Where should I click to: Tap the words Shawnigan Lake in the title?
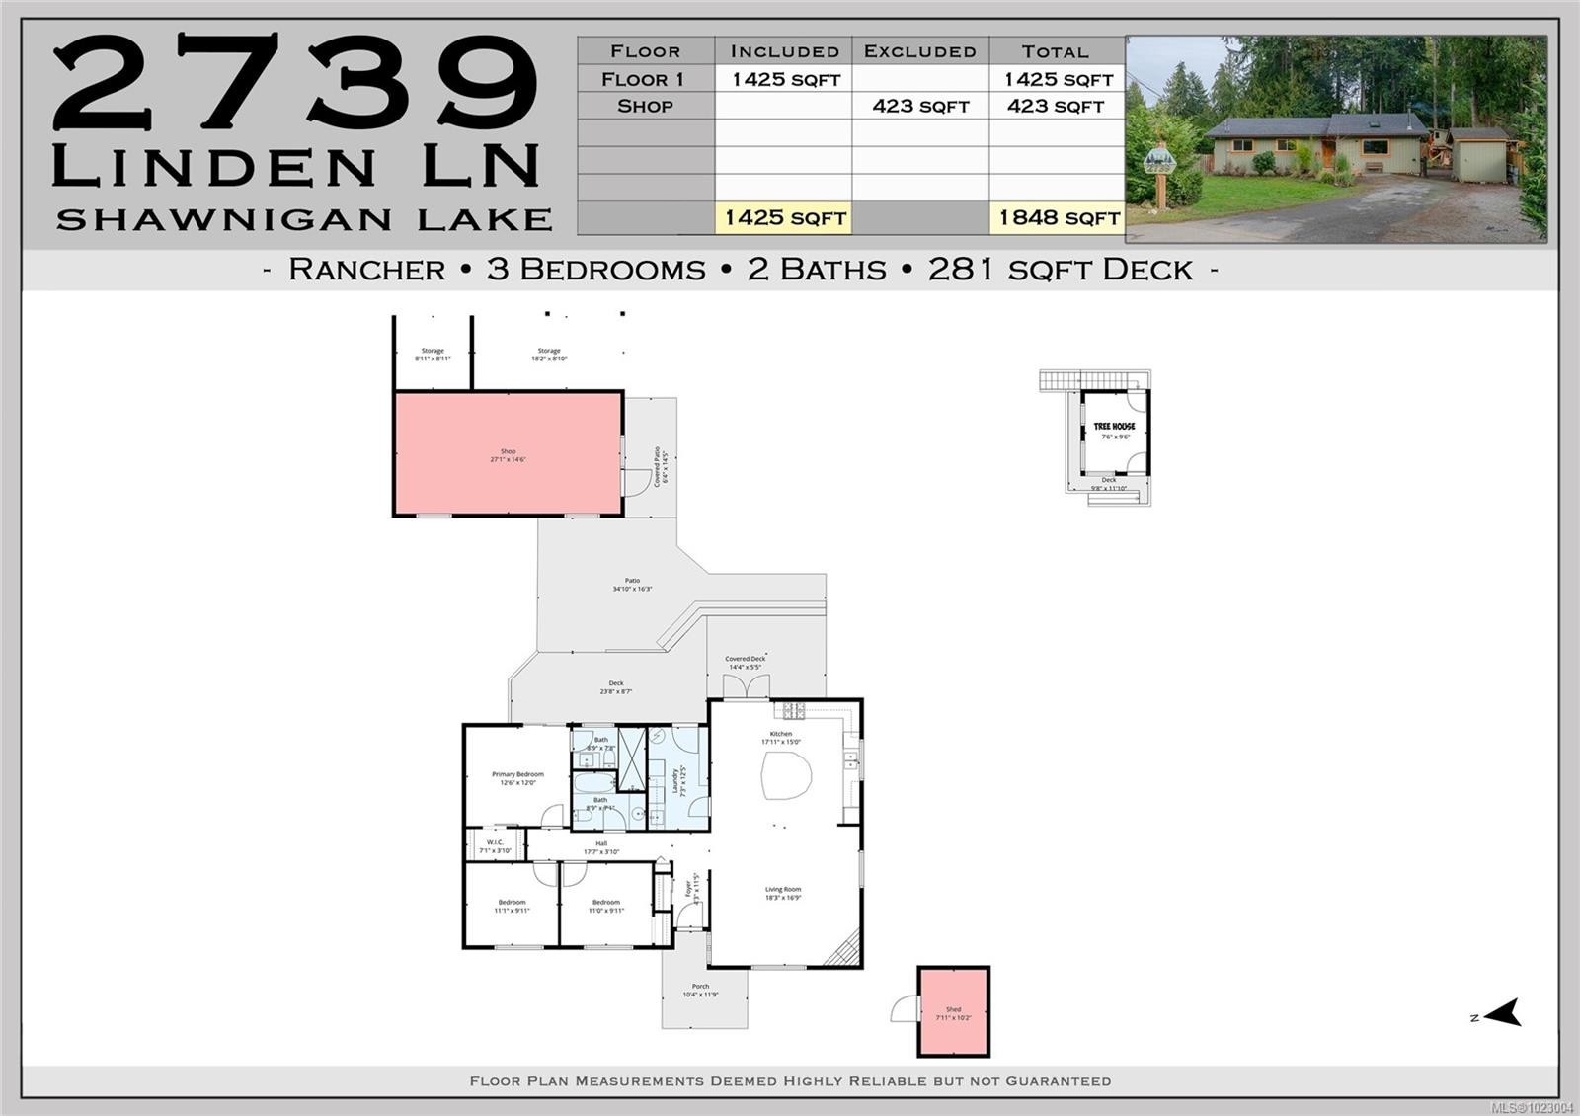(x=303, y=219)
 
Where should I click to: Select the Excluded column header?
(x=919, y=51)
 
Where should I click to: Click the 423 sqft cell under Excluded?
(x=919, y=106)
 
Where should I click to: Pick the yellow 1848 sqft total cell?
(x=1058, y=218)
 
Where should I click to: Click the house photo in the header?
(x=1336, y=139)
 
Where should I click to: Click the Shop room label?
(x=508, y=454)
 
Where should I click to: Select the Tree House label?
(x=1114, y=427)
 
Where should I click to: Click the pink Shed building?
(x=953, y=1012)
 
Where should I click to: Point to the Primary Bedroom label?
(x=517, y=778)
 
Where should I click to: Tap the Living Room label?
(x=783, y=893)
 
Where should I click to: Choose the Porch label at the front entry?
(x=700, y=990)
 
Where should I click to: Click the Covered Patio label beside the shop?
(x=661, y=465)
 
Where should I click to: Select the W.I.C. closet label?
(x=495, y=845)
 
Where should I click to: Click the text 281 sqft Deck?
(x=1060, y=270)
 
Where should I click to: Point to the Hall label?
(x=600, y=847)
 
